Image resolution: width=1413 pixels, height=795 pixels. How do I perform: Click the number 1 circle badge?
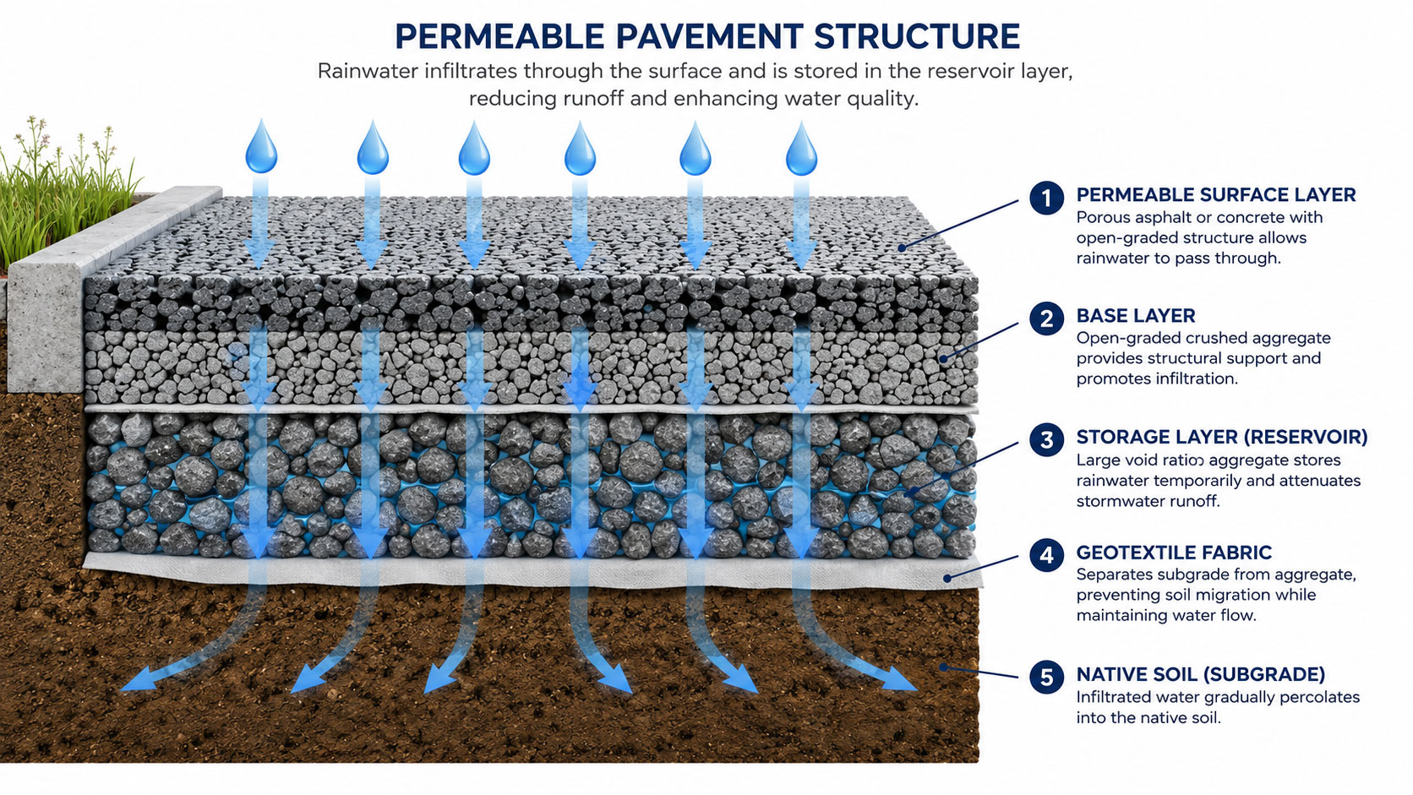(x=1046, y=198)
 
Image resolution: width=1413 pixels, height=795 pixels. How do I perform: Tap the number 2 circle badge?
(x=1046, y=319)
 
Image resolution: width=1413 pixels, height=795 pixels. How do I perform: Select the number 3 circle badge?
(x=1046, y=439)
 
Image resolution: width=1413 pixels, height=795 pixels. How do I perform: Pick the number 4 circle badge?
(x=1046, y=555)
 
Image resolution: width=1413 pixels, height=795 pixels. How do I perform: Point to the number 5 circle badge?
(x=1046, y=677)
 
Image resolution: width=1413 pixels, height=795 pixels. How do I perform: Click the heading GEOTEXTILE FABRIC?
(x=1173, y=553)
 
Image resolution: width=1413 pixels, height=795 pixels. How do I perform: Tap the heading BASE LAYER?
(x=1136, y=316)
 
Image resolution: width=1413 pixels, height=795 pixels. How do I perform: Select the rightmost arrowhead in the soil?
(x=899, y=679)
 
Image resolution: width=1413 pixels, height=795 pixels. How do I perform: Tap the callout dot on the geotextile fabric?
(x=947, y=578)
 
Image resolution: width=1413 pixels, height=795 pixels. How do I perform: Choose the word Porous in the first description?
(x=1103, y=217)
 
